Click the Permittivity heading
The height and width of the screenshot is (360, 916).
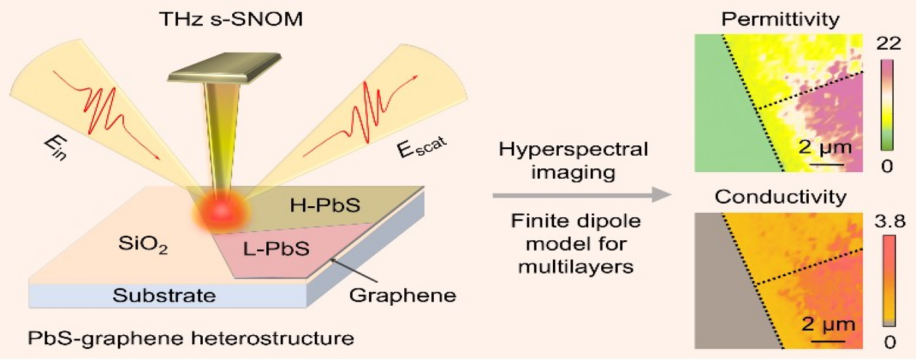pyautogui.click(x=779, y=20)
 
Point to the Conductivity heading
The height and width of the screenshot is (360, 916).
pyautogui.click(x=779, y=196)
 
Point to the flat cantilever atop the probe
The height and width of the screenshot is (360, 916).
pyautogui.click(x=216, y=71)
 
